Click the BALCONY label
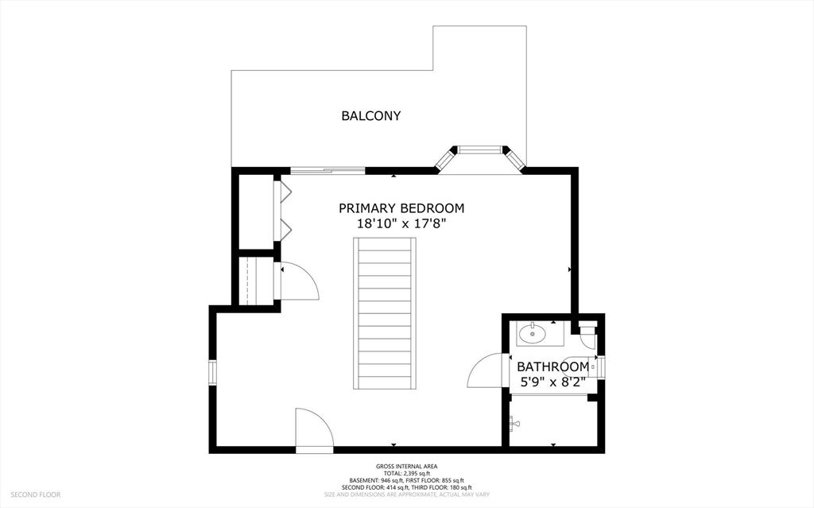pyautogui.click(x=370, y=116)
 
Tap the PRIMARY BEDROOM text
pyautogui.click(x=401, y=208)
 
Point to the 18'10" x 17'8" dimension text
pyautogui.click(x=401, y=225)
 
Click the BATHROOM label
pyautogui.click(x=552, y=366)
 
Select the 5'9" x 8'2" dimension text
pyautogui.click(x=552, y=382)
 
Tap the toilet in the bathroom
pyautogui.click(x=587, y=333)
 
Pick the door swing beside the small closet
pyautogui.click(x=298, y=281)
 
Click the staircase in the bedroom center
pyautogui.click(x=385, y=313)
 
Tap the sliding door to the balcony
pyautogui.click(x=328, y=169)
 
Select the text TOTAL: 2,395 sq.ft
pyautogui.click(x=407, y=473)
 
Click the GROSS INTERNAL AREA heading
pyautogui.click(x=407, y=467)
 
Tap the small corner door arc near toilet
pyautogui.click(x=588, y=339)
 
